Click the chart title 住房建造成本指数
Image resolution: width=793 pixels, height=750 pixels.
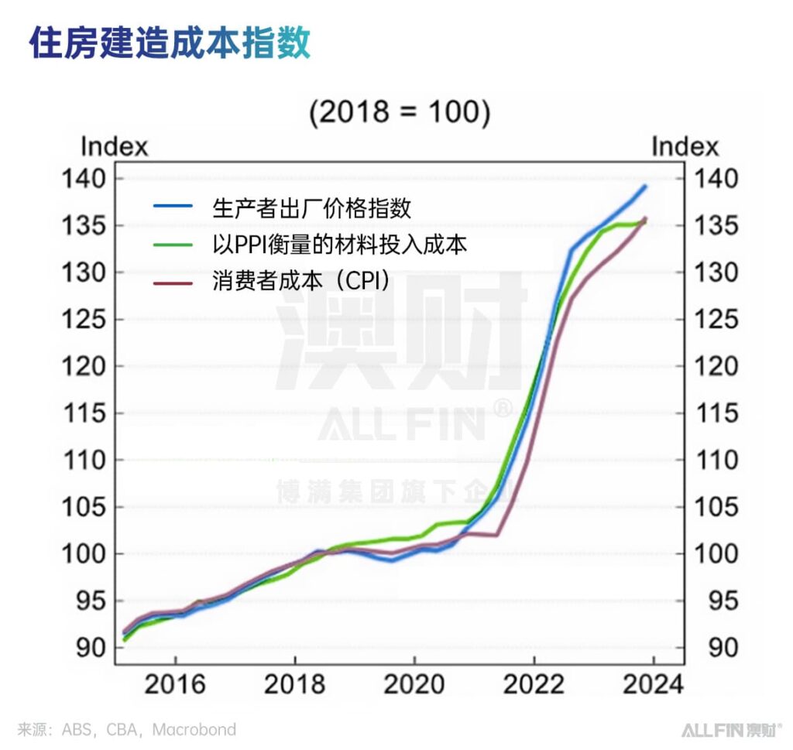170,43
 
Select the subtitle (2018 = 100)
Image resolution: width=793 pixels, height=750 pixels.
399,112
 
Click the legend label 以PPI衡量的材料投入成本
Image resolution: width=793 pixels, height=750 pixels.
340,245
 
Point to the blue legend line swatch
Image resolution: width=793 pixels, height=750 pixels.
172,207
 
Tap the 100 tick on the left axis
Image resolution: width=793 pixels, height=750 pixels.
82,554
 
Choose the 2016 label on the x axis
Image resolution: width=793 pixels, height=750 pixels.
175,684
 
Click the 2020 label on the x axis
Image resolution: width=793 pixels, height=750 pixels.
414,684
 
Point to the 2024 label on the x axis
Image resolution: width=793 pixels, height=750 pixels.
654,684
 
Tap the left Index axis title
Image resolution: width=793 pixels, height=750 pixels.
114,146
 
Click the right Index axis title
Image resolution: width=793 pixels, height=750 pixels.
685,146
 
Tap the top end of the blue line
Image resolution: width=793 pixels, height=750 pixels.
645,187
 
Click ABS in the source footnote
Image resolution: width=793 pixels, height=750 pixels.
77,730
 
